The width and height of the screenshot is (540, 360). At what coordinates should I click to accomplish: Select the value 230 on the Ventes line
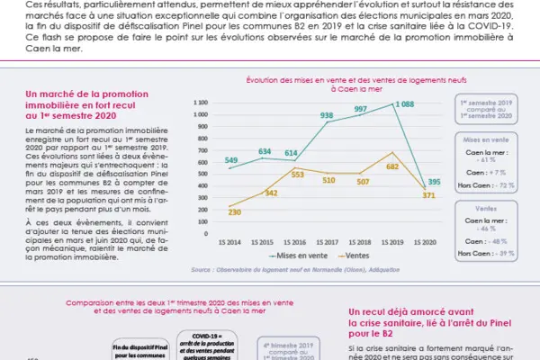point(234,211)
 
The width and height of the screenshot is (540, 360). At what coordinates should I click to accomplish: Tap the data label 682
point(391,166)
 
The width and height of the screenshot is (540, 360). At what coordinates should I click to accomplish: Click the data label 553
point(296,172)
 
